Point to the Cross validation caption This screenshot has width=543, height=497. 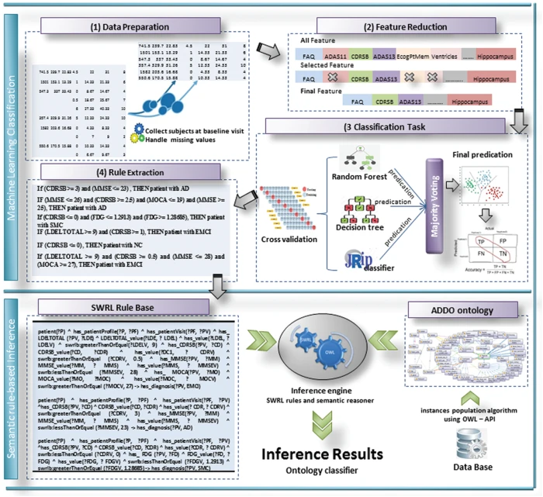click(x=289, y=240)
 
